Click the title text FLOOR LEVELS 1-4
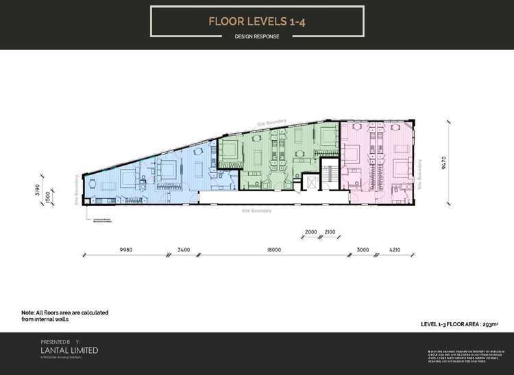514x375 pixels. point(256,21)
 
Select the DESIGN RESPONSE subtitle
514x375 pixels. point(256,37)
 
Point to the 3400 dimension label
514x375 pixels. point(183,251)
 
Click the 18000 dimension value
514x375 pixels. point(273,251)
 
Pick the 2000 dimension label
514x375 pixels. point(311,232)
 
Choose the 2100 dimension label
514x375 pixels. point(330,232)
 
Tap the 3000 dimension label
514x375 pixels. point(363,251)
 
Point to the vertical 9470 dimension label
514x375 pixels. point(444,163)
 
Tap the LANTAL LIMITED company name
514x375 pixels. point(70,350)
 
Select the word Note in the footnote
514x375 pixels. point(29,312)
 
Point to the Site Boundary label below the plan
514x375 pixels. point(257,211)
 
